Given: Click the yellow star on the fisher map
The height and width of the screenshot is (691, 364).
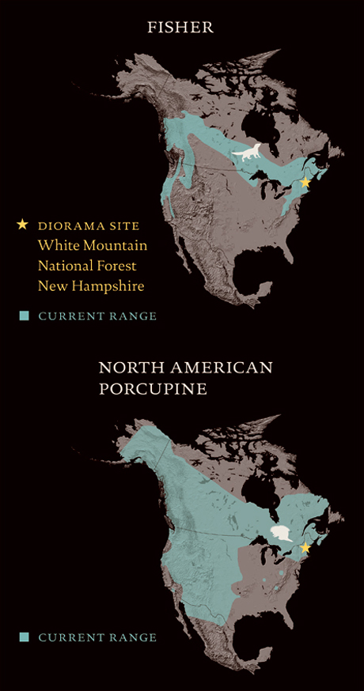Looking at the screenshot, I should (x=305, y=183).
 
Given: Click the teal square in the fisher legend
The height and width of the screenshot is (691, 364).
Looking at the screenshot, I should (x=25, y=316).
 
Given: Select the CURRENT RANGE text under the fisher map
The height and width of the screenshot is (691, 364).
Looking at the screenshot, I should (x=97, y=316).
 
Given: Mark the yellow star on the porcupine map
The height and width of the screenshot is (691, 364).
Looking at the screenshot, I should (x=305, y=547).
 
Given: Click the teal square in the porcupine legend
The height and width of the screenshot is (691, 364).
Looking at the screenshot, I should (x=25, y=637).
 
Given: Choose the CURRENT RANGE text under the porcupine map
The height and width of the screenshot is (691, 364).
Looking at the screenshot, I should (x=97, y=637).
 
